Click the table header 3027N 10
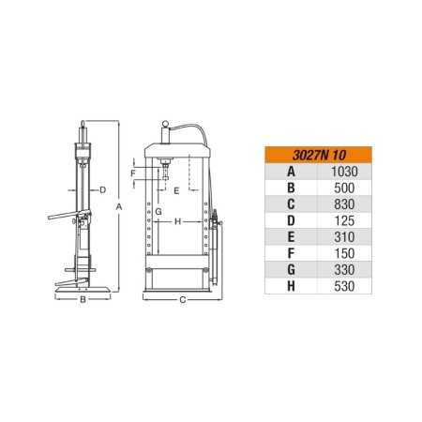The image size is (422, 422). point(319,156)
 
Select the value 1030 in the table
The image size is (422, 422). point(344,172)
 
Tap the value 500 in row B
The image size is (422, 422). point(344,188)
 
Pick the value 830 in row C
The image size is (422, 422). point(344,204)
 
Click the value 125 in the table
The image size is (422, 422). point(344,221)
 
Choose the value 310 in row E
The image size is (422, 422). point(344,237)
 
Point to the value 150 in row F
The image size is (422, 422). point(344,253)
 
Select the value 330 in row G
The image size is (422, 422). point(344,270)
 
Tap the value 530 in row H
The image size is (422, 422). point(344,286)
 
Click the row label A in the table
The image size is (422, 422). point(291,172)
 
